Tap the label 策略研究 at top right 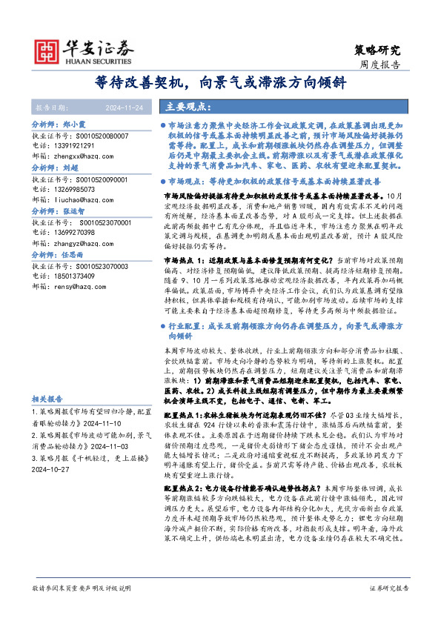point(377,50)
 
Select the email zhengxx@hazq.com point(88,157)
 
